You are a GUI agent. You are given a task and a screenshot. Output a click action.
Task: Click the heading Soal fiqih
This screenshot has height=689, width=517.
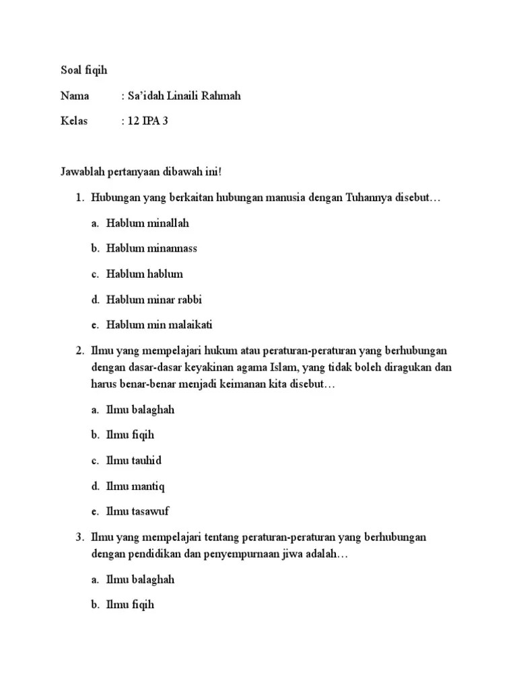(x=84, y=70)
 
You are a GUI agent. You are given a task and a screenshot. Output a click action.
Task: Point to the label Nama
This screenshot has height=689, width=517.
(x=75, y=96)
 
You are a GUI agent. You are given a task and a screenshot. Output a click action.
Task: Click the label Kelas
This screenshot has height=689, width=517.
(x=74, y=122)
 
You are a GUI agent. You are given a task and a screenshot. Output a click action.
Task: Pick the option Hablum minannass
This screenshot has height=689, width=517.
(x=151, y=248)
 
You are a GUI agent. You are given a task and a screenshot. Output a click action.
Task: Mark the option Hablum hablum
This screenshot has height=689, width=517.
(x=144, y=274)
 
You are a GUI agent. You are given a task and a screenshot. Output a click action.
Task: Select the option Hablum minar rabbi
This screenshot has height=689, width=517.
(x=153, y=299)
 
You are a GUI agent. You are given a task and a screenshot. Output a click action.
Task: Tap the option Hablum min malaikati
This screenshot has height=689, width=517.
(x=159, y=325)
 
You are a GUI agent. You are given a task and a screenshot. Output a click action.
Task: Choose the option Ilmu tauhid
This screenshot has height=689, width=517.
(x=133, y=461)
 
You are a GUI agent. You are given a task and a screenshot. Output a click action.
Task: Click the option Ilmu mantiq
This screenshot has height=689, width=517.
(x=135, y=486)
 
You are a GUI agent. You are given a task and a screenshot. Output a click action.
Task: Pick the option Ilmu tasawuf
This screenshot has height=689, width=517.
(x=137, y=511)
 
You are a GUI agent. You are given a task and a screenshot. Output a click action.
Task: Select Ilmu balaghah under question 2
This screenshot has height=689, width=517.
(x=140, y=410)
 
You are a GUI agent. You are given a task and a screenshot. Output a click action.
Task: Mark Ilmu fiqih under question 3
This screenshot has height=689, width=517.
(x=130, y=604)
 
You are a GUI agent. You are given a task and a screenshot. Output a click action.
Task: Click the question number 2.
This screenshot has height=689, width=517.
(x=79, y=351)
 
